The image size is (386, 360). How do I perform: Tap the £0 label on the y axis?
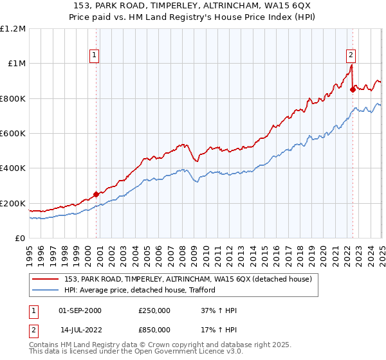21,238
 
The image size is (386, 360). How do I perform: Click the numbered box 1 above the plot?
94,56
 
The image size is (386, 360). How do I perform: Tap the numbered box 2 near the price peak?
351,55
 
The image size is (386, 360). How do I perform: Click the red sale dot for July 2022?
353,90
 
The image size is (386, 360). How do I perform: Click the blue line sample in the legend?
47,290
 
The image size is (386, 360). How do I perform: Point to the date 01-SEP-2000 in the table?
80,310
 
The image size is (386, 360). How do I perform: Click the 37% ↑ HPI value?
219,310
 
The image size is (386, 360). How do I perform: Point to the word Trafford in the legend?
199,290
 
